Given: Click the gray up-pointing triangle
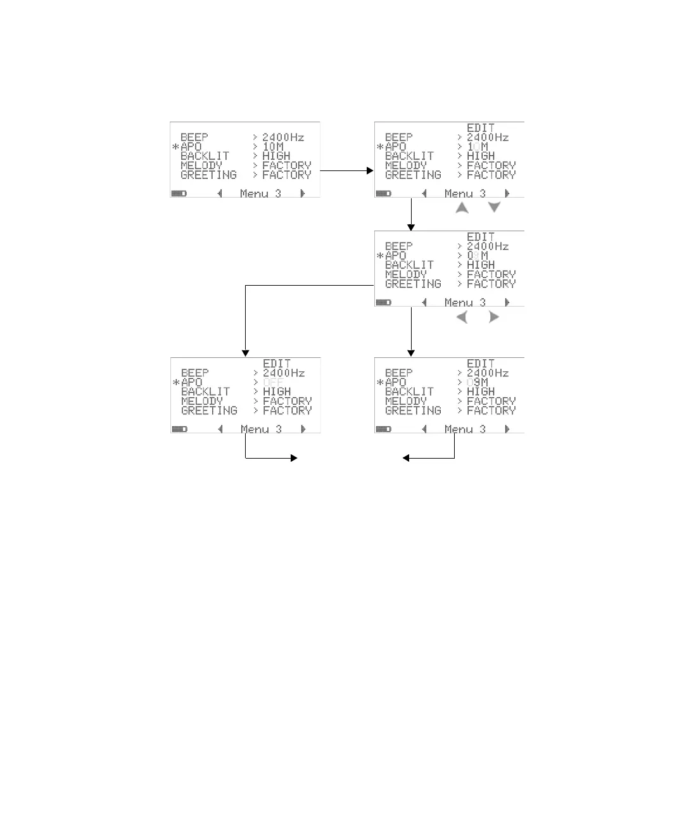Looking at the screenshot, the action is (x=462, y=208).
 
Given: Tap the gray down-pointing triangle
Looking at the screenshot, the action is (x=494, y=207).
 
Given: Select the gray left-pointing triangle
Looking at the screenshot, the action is (x=462, y=317).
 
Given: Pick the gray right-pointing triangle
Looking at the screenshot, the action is (x=494, y=317).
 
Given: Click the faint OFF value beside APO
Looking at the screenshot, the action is (x=273, y=383).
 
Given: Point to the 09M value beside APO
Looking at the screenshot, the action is (x=477, y=383).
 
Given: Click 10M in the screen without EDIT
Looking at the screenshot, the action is (x=273, y=146).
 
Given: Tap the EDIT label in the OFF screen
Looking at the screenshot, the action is (x=277, y=364).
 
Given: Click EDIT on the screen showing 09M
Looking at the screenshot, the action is (x=481, y=364).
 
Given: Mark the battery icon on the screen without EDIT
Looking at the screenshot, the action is (x=179, y=193).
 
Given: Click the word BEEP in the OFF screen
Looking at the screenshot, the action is (x=194, y=373).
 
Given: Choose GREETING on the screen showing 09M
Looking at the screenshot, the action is (x=413, y=410).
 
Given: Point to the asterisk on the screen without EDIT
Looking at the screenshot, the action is (x=175, y=147).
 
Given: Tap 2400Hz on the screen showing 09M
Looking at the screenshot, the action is (x=488, y=373).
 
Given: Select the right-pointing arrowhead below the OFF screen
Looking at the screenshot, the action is (x=294, y=458).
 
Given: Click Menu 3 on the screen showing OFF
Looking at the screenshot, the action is (x=261, y=430).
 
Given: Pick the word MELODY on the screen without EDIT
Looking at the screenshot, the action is (x=201, y=165).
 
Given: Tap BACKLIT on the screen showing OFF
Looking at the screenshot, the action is (x=205, y=392).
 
